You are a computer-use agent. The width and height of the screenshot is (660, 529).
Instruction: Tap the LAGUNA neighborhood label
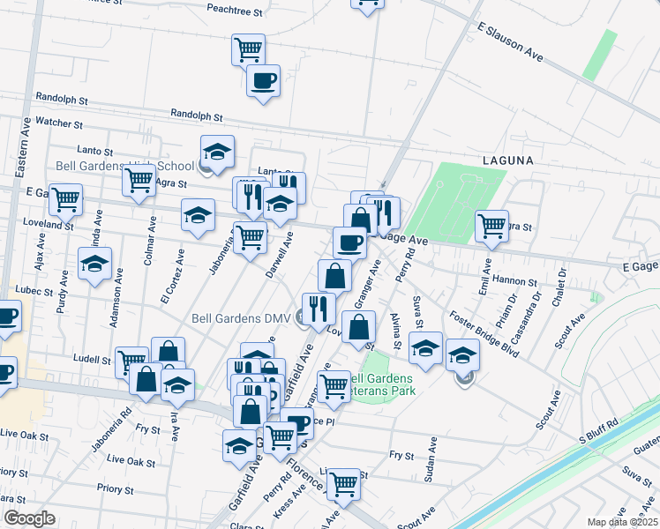508,160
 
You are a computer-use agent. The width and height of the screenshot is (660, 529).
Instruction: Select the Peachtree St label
235,13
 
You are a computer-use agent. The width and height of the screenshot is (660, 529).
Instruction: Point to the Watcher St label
59,125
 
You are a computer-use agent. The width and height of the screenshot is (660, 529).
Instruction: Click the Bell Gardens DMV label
241,319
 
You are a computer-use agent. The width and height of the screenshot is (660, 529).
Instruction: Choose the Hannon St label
516,281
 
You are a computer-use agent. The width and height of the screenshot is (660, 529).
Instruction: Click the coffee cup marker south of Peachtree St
263,82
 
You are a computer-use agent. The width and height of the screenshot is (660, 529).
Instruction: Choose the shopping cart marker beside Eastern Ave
65,199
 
